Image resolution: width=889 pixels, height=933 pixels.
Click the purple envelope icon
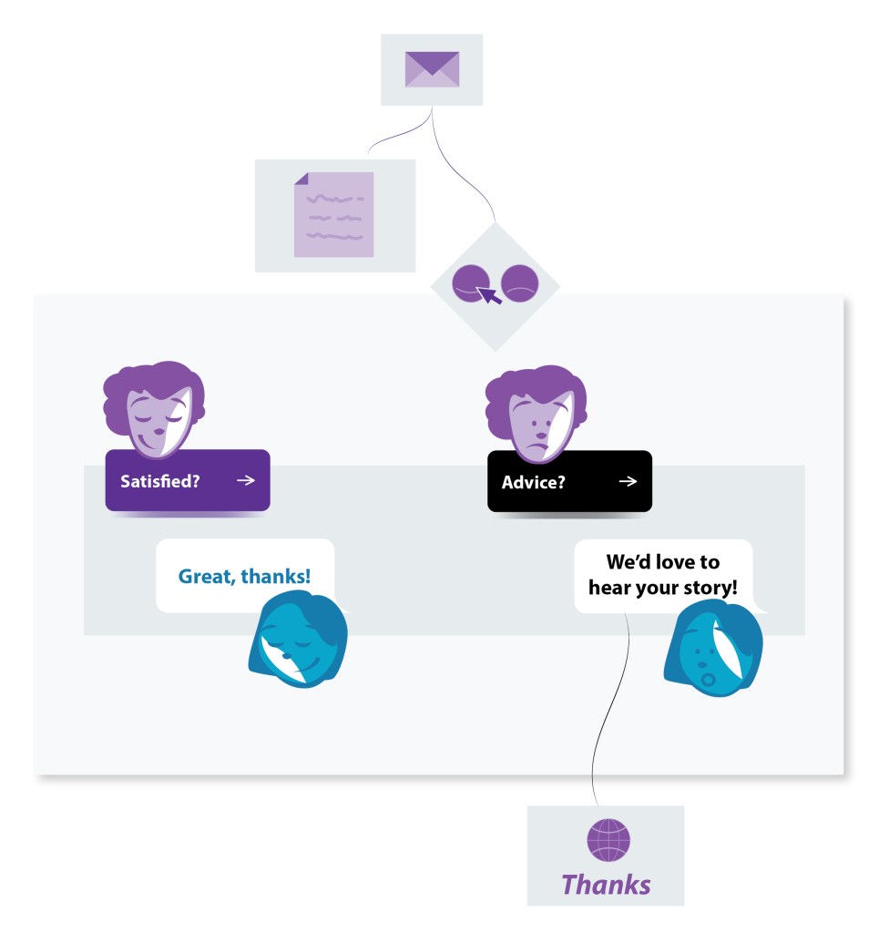pyautogui.click(x=432, y=69)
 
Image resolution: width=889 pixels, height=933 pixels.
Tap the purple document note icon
pyautogui.click(x=333, y=214)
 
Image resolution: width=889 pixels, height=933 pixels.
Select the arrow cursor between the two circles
pyautogui.click(x=490, y=294)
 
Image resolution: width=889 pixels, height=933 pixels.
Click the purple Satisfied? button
pyautogui.click(x=188, y=480)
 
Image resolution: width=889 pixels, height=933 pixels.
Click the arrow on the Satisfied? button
pyautogui.click(x=245, y=480)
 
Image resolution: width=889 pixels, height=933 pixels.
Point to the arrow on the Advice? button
pyautogui.click(x=628, y=481)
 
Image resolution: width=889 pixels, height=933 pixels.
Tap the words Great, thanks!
pyautogui.click(x=244, y=576)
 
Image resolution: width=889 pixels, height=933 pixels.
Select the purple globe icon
pyautogui.click(x=608, y=840)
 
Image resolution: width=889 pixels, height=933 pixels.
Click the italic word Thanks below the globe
pyautogui.click(x=606, y=884)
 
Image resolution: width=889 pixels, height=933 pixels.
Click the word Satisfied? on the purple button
pyautogui.click(x=160, y=481)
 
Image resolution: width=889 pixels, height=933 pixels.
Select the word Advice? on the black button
pyautogui.click(x=533, y=482)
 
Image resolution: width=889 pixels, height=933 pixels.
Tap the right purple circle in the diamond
pyautogui.click(x=520, y=284)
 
